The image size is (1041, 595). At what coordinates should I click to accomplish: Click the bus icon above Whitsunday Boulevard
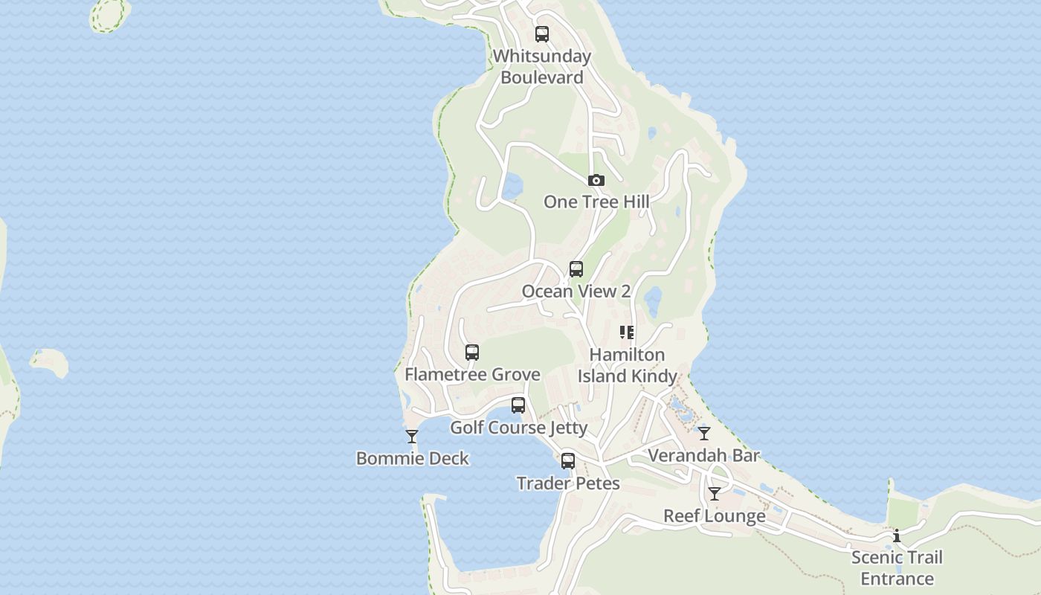542,34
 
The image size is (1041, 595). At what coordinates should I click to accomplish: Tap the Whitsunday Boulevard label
542,67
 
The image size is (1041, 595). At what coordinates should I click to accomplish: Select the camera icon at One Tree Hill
596,180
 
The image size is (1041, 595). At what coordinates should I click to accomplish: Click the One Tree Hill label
596,202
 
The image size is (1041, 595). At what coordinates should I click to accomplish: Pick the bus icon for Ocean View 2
576,269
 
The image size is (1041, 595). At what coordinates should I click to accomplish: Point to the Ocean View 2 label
576,291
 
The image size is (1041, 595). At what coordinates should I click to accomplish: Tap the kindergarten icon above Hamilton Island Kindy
627,332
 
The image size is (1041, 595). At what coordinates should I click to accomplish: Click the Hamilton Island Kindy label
628,365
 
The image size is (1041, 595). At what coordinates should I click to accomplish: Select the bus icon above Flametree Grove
472,353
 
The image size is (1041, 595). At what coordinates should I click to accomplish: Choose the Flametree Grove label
472,374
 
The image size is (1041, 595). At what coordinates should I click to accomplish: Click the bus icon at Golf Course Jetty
518,405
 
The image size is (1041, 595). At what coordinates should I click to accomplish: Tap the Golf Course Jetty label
519,428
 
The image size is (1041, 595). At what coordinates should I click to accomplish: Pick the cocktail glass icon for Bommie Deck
412,437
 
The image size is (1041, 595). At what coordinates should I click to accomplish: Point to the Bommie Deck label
413,458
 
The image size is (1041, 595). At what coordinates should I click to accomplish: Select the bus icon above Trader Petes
568,461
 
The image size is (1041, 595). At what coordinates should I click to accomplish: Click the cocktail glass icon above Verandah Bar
704,433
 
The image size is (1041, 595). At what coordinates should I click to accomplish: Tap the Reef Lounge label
715,516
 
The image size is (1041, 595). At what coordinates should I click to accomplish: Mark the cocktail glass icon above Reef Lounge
715,494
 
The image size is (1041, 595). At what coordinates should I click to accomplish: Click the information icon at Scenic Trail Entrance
897,535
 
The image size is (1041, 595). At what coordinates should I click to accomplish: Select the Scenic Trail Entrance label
897,568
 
